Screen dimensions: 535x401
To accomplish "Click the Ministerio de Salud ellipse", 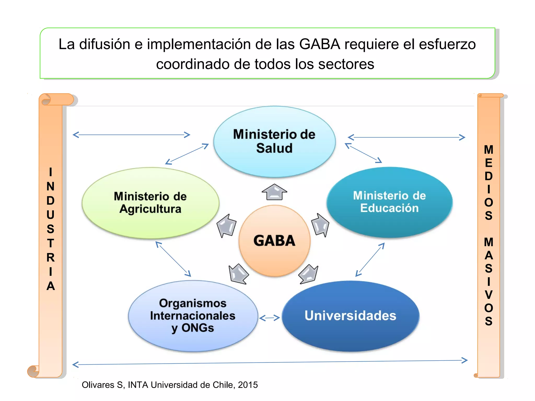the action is pyautogui.click(x=274, y=141).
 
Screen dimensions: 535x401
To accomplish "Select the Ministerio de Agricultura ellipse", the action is pyautogui.click(x=150, y=203).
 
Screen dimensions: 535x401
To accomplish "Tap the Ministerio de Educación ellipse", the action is pyautogui.click(x=389, y=202).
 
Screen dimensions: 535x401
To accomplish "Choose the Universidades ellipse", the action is pyautogui.click(x=351, y=316).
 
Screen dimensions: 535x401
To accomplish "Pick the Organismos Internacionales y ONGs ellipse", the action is pyautogui.click(x=193, y=316).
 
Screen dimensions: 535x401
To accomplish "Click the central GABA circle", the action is pyautogui.click(x=274, y=240).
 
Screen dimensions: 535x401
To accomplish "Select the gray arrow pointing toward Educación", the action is pyautogui.click(x=320, y=225).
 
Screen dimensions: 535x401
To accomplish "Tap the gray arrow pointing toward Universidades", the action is pyautogui.click(x=309, y=274).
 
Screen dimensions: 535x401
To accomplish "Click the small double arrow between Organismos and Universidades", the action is pyautogui.click(x=270, y=318).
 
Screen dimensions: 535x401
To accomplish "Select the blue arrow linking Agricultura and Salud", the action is pyautogui.click(x=187, y=154).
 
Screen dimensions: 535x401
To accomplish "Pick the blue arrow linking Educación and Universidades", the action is pyautogui.click(x=370, y=260).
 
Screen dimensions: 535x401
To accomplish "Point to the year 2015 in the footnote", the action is pyautogui.click(x=248, y=385).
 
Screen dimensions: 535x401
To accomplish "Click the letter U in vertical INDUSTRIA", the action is pyautogui.click(x=50, y=215).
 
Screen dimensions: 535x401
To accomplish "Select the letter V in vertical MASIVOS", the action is pyautogui.click(x=489, y=295).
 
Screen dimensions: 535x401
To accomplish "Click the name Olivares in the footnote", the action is pyautogui.click(x=98, y=385).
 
